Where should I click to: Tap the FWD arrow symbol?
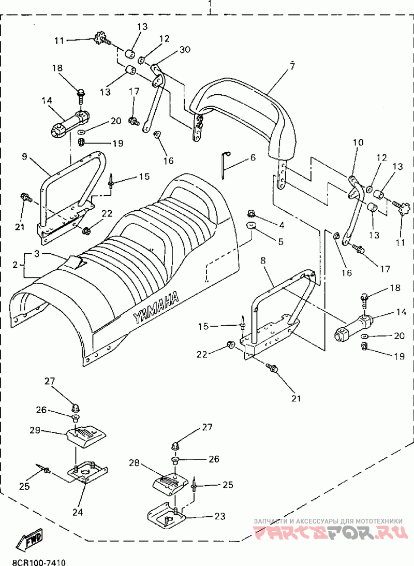coord(29,540)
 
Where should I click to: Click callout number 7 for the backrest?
coord(292,66)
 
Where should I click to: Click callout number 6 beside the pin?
coord(253,158)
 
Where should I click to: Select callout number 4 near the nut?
coord(282,225)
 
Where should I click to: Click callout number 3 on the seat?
coord(37,253)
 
